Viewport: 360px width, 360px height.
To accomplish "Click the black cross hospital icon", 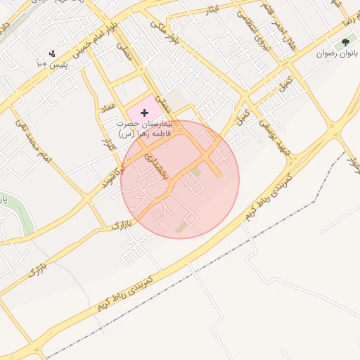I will point(145,112).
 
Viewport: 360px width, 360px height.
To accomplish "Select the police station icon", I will point(52,53).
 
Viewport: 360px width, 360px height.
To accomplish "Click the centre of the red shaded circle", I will point(180,179).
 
